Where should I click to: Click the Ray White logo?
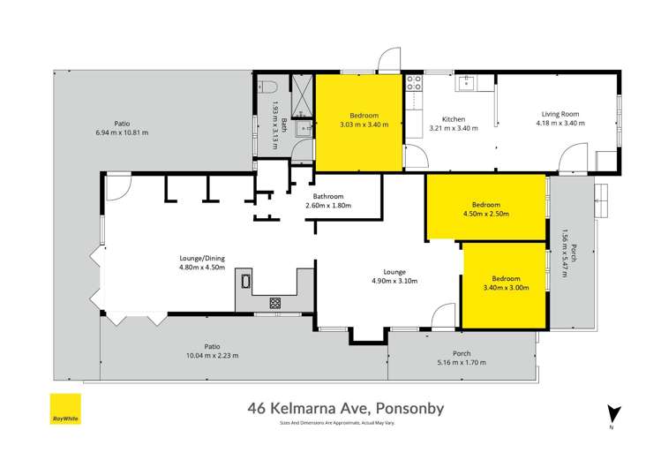click(64, 409)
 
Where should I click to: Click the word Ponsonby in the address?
click(414, 408)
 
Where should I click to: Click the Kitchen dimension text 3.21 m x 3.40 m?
click(453, 128)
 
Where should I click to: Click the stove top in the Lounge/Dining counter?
click(275, 302)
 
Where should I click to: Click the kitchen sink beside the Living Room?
click(469, 84)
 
